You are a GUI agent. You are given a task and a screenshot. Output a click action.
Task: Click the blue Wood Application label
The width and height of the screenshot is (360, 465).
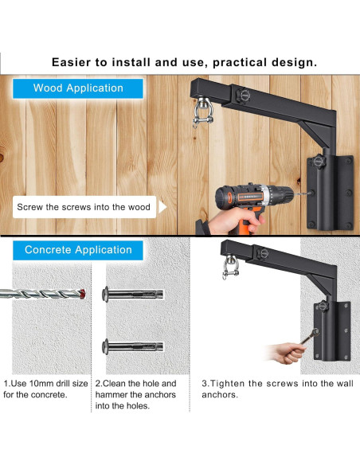pyautogui.click(x=78, y=88)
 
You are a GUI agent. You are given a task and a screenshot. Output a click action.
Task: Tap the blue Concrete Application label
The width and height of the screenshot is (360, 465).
pyautogui.click(x=78, y=250)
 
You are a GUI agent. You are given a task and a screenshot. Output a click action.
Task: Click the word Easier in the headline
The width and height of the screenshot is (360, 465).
pyautogui.click(x=71, y=62)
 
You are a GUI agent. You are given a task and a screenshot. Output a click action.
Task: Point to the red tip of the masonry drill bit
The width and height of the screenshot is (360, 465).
pyautogui.click(x=83, y=294)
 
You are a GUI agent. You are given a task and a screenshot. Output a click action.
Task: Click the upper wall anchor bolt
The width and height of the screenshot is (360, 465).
pyautogui.click(x=132, y=294)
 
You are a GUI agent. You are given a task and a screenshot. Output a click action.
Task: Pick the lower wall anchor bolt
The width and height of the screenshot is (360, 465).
pyautogui.click(x=132, y=346)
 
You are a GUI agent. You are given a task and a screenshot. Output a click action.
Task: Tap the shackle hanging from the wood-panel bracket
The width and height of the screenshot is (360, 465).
pyautogui.click(x=203, y=113)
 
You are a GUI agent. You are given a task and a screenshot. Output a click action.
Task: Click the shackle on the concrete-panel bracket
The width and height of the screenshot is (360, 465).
pyautogui.click(x=230, y=267)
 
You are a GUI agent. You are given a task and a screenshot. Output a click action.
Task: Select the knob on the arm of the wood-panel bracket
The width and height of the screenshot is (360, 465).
pyautogui.click(x=243, y=96)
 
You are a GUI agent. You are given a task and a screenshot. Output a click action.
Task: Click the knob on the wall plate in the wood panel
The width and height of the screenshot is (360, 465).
pyautogui.click(x=319, y=162)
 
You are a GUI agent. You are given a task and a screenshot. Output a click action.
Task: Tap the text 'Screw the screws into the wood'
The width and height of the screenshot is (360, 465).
pyautogui.click(x=84, y=207)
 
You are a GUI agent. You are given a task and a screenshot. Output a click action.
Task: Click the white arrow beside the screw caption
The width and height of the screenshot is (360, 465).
pyautogui.click(x=162, y=207)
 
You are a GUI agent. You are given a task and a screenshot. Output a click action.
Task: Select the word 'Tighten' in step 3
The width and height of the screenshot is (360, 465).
pyautogui.click(x=228, y=384)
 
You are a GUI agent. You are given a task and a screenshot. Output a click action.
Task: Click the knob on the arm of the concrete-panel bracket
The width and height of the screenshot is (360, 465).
pyautogui.click(x=263, y=253)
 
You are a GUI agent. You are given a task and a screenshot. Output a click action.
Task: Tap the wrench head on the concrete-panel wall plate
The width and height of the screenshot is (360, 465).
pyautogui.click(x=315, y=332)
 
